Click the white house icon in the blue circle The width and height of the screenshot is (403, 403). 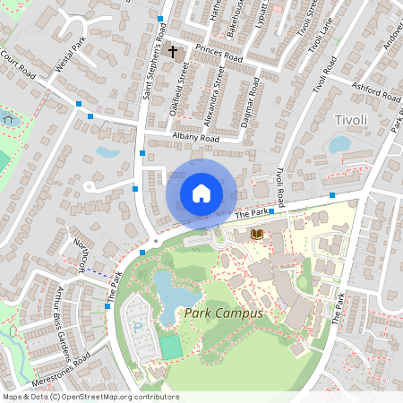tap(201, 193)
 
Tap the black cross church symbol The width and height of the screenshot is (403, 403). tap(173, 53)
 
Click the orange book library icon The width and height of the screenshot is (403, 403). tap(258, 235)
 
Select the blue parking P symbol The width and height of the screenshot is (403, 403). tap(137, 328)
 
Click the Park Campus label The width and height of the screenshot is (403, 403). tap(223, 313)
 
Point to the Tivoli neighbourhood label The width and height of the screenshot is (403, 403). tap(350, 120)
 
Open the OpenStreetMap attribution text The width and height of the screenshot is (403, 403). tap(90, 397)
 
